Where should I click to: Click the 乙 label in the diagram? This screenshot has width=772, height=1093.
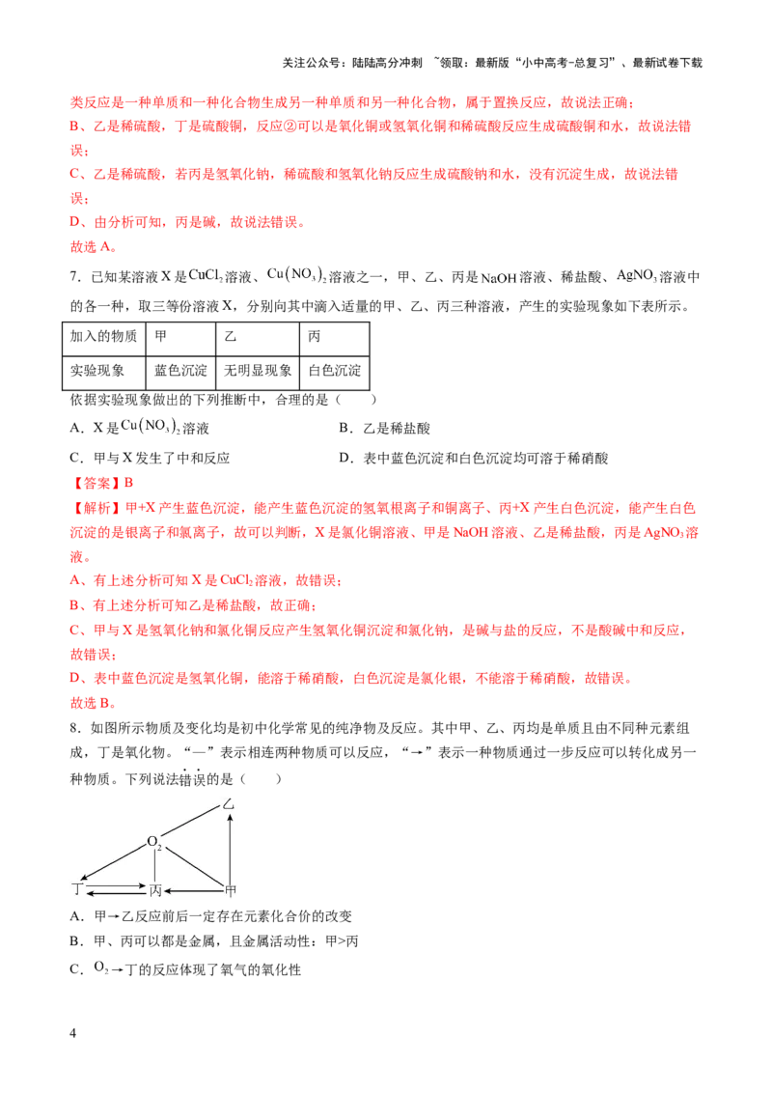coord(229,803)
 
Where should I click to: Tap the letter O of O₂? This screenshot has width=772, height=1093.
coord(152,842)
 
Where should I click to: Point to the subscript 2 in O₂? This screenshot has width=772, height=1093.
coord(159,846)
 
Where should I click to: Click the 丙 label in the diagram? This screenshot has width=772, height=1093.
coord(154,889)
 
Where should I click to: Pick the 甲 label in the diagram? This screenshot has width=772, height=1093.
coord(230,889)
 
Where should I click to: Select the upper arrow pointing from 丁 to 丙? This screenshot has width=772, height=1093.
coord(116,884)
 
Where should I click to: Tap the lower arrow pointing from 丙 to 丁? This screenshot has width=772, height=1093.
coord(116,895)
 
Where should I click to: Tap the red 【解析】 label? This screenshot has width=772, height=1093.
coord(93,507)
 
